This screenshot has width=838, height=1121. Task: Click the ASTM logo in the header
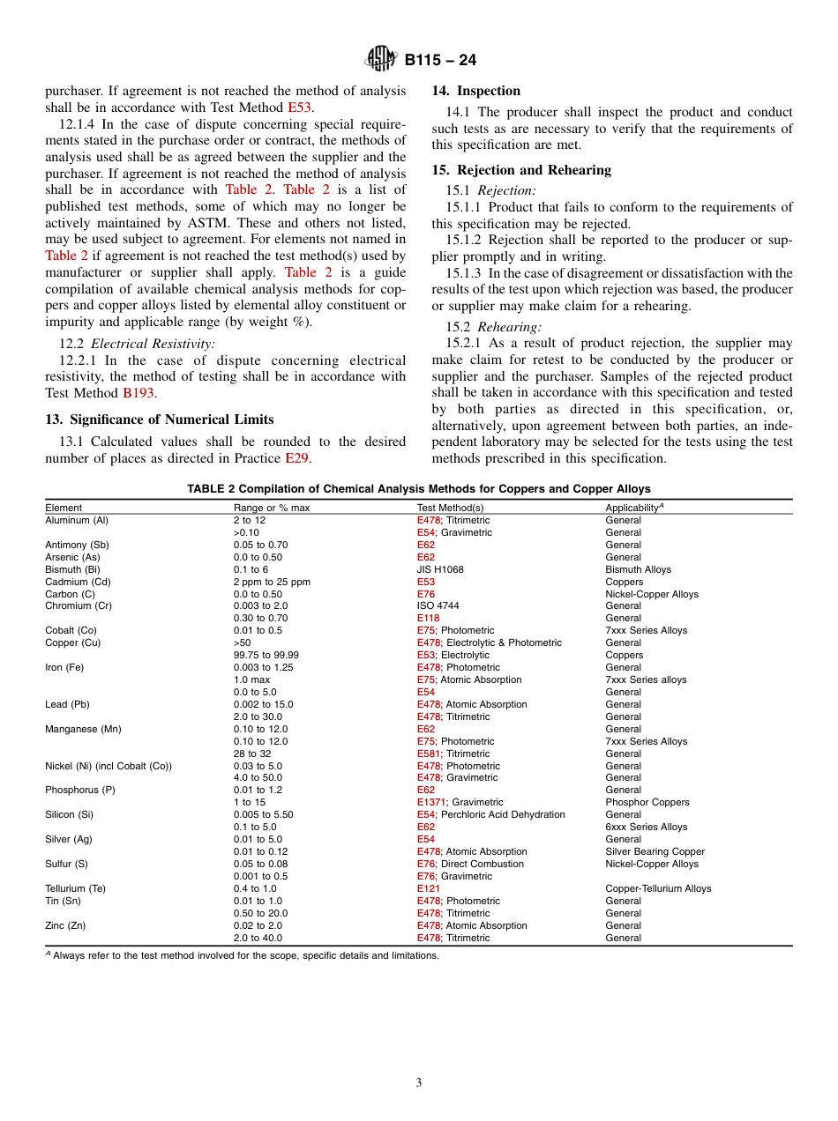click(x=382, y=60)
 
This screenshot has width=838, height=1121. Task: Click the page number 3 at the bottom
click(x=419, y=1083)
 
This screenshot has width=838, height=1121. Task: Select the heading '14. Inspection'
click(x=475, y=91)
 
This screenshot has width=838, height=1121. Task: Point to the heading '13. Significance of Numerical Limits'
click(x=160, y=419)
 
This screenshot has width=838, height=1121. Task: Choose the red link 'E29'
click(x=296, y=458)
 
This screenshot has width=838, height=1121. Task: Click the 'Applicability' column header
click(x=634, y=508)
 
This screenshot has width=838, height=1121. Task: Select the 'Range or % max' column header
click(x=272, y=508)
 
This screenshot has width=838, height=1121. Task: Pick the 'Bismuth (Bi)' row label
click(x=73, y=569)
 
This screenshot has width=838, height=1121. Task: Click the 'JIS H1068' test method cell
click(x=440, y=569)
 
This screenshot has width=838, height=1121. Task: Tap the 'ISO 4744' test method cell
click(x=438, y=606)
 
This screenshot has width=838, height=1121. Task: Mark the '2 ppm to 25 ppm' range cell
click(x=272, y=582)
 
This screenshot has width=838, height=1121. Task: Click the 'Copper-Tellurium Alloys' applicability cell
click(x=658, y=888)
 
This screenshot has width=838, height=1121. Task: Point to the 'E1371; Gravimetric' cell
click(x=460, y=802)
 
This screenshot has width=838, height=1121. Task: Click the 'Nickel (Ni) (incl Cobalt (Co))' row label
click(x=108, y=766)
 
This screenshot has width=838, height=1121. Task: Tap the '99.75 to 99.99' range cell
click(x=266, y=655)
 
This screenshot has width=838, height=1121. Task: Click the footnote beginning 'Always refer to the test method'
click(x=244, y=955)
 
